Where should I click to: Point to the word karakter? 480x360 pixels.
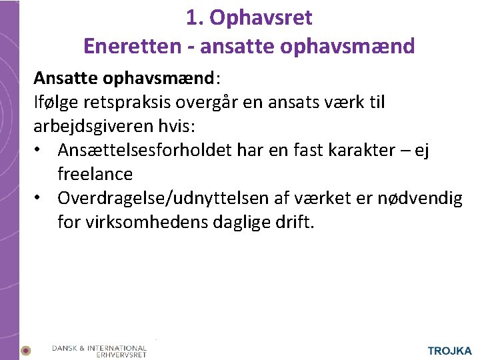(377, 151)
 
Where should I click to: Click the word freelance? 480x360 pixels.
(95, 174)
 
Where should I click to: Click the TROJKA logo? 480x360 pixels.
(449, 351)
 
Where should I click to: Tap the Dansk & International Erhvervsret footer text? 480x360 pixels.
(99, 351)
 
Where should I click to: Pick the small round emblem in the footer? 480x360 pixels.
(26, 350)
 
